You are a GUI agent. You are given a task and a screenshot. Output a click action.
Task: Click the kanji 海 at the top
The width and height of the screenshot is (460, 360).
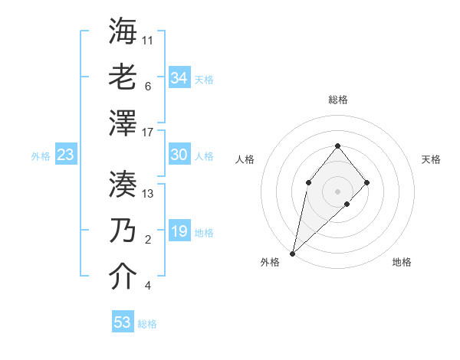pos(123,32)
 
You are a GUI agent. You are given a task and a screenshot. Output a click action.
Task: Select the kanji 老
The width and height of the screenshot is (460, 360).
pos(123,76)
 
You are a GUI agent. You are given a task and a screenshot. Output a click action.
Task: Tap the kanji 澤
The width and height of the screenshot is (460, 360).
pos(123,121)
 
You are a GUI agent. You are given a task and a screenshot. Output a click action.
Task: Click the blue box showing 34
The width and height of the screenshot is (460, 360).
pos(179,77)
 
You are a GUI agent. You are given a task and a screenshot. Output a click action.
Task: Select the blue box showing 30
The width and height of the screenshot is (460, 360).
pos(179,155)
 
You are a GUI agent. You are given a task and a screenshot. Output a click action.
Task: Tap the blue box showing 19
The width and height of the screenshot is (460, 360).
pos(179,231)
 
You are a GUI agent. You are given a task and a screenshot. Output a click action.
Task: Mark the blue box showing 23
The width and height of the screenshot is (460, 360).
pos(65,155)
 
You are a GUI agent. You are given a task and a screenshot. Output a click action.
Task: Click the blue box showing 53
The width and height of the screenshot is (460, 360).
pos(123,322)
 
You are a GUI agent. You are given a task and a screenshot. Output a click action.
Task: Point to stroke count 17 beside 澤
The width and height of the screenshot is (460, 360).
pos(148,133)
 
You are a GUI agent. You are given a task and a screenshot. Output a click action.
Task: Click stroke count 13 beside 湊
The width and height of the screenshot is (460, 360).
pos(148,194)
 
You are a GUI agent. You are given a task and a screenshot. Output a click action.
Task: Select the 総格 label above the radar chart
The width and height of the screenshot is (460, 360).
pos(337,100)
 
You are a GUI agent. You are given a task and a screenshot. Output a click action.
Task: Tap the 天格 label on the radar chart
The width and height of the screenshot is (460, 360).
pos(431,159)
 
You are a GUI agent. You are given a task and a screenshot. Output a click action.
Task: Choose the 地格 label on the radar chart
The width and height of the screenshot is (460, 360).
pos(402,262)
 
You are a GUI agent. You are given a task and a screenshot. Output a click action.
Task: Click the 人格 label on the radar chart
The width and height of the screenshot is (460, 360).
pos(245,159)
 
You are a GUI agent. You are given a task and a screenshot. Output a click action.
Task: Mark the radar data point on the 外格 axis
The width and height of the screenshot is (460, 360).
pos(292,253)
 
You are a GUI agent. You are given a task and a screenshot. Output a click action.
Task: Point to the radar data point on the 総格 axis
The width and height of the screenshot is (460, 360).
pos(337,146)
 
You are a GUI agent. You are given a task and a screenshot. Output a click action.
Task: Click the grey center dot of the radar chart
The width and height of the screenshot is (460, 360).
pos(337,191)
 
